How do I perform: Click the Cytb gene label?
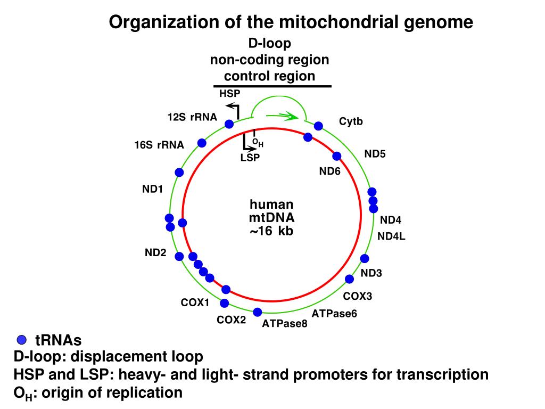351,122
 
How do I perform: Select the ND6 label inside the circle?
329,171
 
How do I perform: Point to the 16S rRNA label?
159,145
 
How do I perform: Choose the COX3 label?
357,296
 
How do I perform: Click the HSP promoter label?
229,94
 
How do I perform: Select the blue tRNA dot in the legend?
21,340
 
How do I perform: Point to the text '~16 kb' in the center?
271,231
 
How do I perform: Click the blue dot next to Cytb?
318,126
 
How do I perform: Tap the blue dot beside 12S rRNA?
229,124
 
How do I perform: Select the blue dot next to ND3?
365,259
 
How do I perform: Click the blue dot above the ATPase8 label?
258,312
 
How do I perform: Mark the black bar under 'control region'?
272,86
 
